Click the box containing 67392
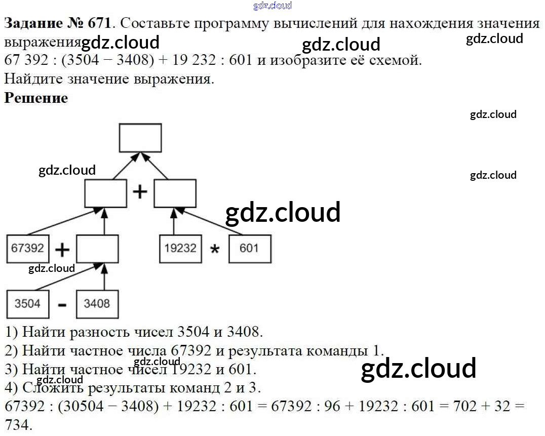click(28, 248)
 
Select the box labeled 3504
click(27, 303)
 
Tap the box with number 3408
click(97, 303)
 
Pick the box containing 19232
click(180, 248)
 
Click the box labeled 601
click(249, 248)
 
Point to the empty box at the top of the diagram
click(140, 138)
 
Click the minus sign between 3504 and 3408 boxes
click(62, 305)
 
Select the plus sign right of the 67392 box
click(62, 250)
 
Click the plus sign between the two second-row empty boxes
click(140, 192)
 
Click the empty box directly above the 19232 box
click(175, 193)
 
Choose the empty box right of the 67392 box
click(97, 249)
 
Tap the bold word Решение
click(36, 98)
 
